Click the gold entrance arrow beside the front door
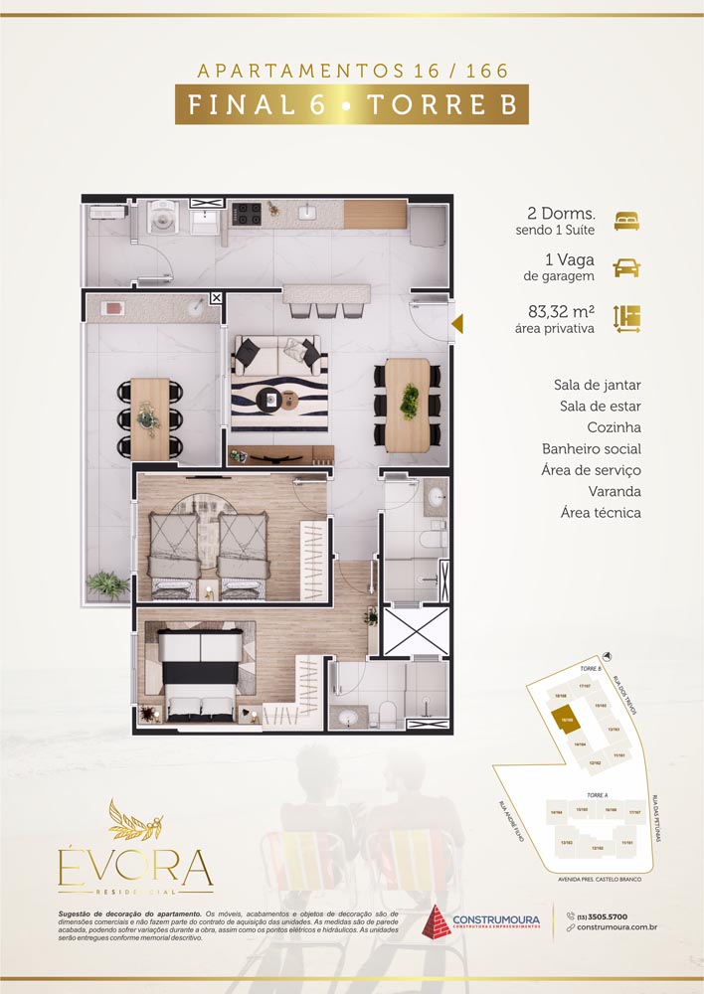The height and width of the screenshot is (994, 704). coord(458,324)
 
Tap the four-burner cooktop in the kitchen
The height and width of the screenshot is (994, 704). coord(247,213)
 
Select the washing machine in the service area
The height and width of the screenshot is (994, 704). coord(158,217)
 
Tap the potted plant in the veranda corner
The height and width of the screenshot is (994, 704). coord(106,583)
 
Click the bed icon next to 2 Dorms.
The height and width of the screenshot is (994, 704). coord(626,221)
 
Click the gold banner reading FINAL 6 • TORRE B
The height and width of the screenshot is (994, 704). coord(351,104)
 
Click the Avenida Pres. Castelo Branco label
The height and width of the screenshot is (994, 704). coord(593,880)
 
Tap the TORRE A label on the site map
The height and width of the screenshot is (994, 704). coord(597,795)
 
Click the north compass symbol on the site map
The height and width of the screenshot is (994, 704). coord(608,657)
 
